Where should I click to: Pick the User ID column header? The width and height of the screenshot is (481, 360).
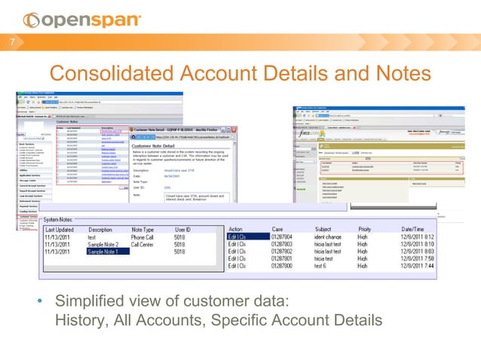(x=187, y=229)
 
